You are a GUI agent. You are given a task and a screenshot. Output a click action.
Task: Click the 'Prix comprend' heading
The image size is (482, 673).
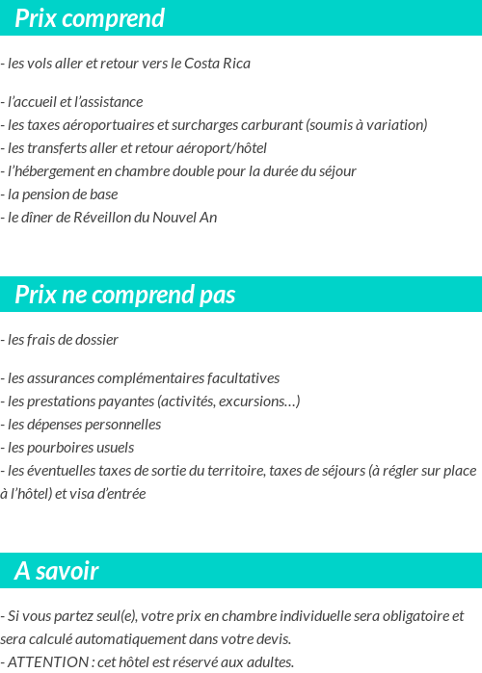click(x=90, y=18)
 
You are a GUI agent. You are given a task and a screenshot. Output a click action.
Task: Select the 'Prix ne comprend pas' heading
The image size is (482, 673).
click(x=124, y=295)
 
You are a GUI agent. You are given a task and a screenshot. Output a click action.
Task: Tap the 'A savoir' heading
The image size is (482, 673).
click(x=57, y=571)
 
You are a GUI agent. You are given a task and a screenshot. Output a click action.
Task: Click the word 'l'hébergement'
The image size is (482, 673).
click(x=48, y=170)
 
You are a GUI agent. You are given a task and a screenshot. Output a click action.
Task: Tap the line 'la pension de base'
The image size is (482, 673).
click(x=62, y=194)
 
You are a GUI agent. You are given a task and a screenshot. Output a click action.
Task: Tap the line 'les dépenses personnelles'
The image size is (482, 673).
click(x=83, y=424)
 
